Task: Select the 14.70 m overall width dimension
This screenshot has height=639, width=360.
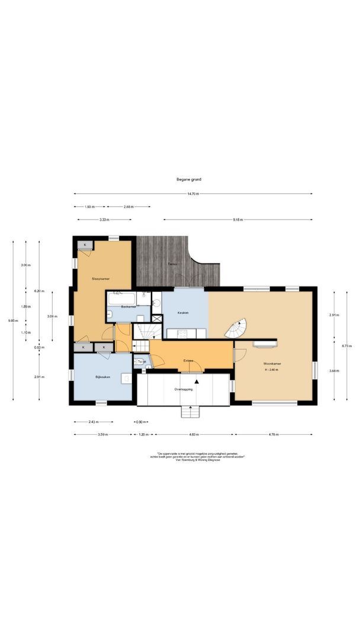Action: pyautogui.click(x=193, y=193)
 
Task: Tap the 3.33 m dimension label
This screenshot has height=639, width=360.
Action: pyautogui.click(x=103, y=220)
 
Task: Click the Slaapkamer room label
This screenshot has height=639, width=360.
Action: pyautogui.click(x=100, y=278)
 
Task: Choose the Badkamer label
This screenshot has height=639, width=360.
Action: pyautogui.click(x=128, y=307)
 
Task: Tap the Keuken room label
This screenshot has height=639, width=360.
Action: pyautogui.click(x=183, y=312)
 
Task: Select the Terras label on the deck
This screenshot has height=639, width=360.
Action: pyautogui.click(x=172, y=264)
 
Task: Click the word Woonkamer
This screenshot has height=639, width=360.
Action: pyautogui.click(x=272, y=364)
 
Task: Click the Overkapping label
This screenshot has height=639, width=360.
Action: pyautogui.click(x=182, y=390)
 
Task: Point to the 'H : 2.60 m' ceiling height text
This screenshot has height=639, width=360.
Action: pyautogui.click(x=271, y=370)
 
